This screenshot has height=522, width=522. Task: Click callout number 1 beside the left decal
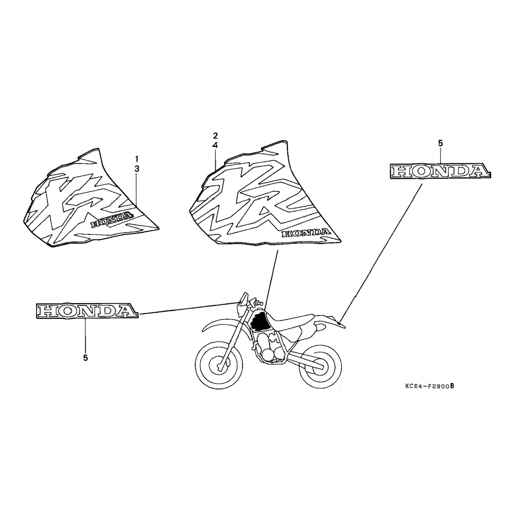click(x=137, y=159)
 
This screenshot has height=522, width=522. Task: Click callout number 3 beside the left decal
click(x=137, y=169)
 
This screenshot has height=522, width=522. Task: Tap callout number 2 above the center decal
click(x=215, y=135)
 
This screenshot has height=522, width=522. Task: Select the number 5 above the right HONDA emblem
click(x=440, y=143)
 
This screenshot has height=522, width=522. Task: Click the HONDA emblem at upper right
click(x=440, y=171)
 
